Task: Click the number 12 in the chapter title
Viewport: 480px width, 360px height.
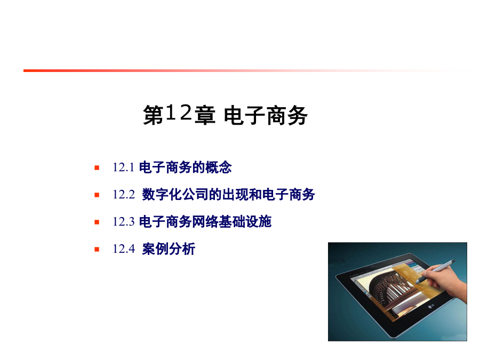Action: point(179,113)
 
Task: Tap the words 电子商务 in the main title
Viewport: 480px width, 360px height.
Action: point(266,115)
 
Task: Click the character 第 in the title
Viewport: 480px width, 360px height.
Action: point(153,115)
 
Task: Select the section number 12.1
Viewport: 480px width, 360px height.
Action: point(123,167)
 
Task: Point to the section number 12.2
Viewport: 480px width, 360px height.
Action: point(123,194)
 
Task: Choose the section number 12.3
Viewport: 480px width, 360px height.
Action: point(123,222)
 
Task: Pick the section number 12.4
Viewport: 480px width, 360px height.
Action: point(123,249)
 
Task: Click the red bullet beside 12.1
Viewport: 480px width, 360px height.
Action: point(97,167)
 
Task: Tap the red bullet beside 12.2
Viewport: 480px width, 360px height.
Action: point(97,195)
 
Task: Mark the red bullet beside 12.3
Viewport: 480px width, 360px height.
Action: point(97,222)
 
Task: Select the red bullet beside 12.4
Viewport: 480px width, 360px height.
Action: point(97,249)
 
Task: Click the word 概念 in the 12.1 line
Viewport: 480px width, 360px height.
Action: point(219,167)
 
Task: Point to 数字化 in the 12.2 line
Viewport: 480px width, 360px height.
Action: point(162,194)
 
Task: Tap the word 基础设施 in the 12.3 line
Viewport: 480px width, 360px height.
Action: point(245,222)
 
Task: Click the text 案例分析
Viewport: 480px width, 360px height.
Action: point(169,249)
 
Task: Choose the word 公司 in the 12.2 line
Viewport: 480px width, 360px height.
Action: point(195,194)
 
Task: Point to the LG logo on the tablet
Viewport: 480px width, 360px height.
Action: point(431,306)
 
